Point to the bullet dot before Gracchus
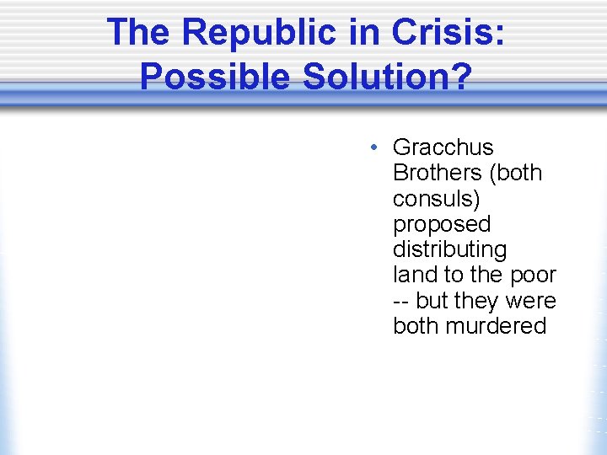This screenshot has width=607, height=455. (373, 148)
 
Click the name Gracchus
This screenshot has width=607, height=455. (443, 147)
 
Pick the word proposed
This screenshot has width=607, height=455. (442, 224)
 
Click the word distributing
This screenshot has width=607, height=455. (449, 249)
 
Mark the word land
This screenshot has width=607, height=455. (411, 275)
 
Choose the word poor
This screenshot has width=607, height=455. (532, 275)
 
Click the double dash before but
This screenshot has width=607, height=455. (402, 301)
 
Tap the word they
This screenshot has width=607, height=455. (478, 301)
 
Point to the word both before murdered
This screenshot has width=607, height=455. (416, 326)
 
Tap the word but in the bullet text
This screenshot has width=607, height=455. (433, 301)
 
